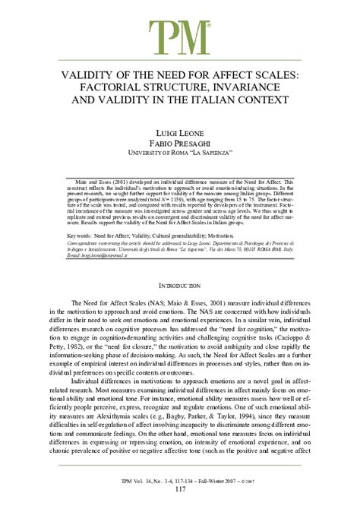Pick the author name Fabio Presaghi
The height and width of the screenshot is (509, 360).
(180, 145)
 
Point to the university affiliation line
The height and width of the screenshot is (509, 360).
(180, 156)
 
